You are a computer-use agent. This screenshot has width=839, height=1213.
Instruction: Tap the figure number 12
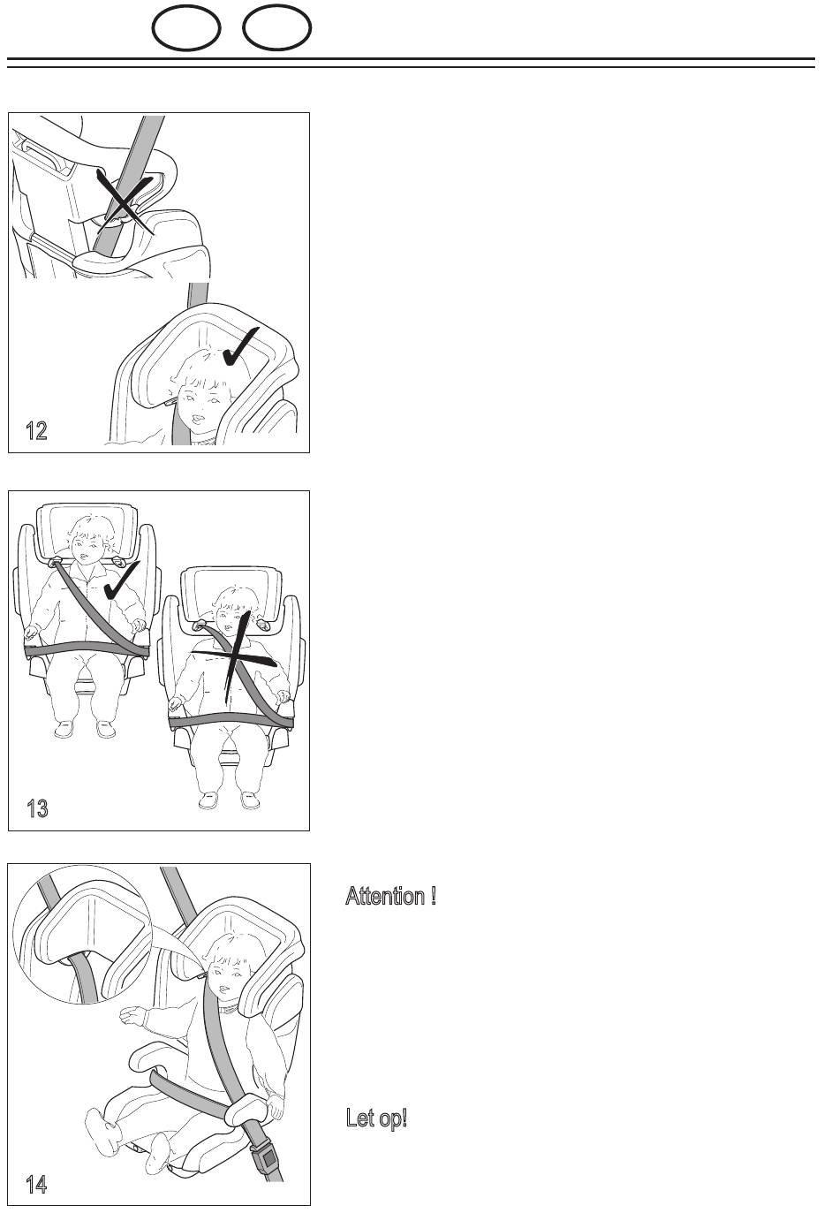click(37, 430)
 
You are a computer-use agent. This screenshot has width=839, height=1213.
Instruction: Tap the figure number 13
click(37, 808)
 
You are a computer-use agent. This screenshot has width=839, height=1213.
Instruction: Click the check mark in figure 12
click(240, 346)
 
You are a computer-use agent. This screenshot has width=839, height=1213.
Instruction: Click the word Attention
click(385, 896)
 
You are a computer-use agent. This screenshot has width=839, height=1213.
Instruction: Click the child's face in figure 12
click(199, 398)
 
